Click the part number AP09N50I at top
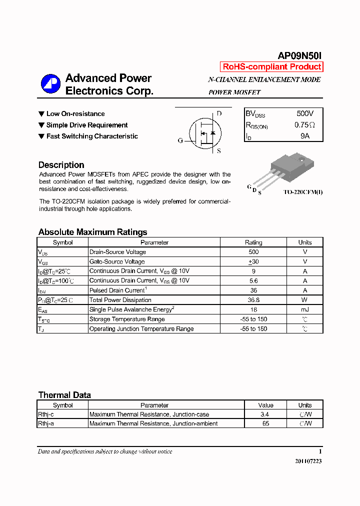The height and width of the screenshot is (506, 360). pyautogui.click(x=300, y=56)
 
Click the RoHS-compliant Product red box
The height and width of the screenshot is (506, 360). pyautogui.click(x=271, y=67)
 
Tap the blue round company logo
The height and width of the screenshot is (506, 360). pyautogui.click(x=50, y=83)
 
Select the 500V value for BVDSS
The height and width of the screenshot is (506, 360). pyautogui.click(x=305, y=113)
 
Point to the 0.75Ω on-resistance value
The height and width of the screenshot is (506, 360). pyautogui.click(x=304, y=125)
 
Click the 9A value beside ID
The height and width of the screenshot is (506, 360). pyautogui.click(x=305, y=136)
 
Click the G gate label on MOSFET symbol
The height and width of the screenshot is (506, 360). pyautogui.click(x=180, y=140)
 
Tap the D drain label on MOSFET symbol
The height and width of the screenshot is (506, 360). pyautogui.click(x=219, y=113)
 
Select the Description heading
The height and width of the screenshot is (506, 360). pyautogui.click(x=61, y=165)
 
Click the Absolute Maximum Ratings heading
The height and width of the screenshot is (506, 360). pyautogui.click(x=92, y=232)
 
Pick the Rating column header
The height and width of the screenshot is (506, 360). pyautogui.click(x=253, y=242)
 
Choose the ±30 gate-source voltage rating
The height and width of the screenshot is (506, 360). pyautogui.click(x=253, y=261)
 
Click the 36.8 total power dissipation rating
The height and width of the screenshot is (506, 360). pyautogui.click(x=253, y=300)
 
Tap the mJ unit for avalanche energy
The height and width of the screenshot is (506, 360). pyautogui.click(x=305, y=310)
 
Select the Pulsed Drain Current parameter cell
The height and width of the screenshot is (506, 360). pyautogui.click(x=118, y=290)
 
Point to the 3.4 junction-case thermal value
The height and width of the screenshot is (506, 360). pyautogui.click(x=265, y=414)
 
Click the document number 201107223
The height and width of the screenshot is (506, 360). pyautogui.click(x=308, y=461)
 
